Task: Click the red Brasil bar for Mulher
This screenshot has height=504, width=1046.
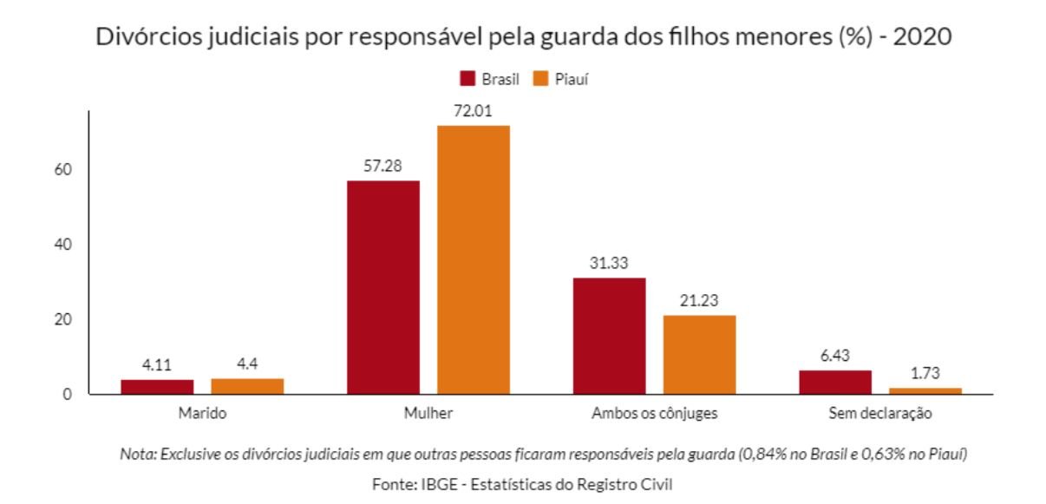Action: coord(382,287)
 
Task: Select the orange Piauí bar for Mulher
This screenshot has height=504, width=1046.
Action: coord(473,259)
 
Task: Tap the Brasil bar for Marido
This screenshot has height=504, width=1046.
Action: coord(157,387)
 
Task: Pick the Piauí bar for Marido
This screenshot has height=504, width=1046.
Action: coord(247,386)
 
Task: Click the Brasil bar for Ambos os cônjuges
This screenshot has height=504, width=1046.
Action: coord(609,336)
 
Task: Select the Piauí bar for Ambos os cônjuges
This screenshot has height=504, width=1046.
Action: coord(699,355)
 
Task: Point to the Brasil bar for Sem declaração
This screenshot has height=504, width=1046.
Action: coord(834,383)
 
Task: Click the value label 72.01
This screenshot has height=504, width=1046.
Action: coord(473,112)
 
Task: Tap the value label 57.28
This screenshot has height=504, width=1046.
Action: coord(382,166)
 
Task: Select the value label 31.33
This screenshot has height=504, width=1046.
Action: coord(609,263)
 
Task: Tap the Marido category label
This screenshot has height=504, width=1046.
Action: coord(202,414)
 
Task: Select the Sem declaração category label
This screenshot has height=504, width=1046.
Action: coord(879,414)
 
